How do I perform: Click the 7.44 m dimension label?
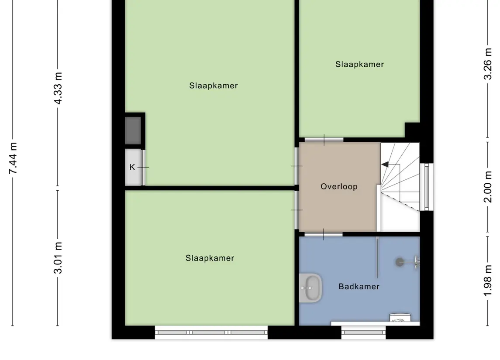(x=13, y=158)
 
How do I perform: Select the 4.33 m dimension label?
(x=58, y=88)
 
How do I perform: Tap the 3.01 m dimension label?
(x=58, y=258)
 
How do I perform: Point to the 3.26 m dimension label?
(x=488, y=64)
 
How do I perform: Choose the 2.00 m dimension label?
(x=488, y=187)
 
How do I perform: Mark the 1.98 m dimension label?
(x=488, y=281)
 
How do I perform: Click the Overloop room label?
(x=339, y=186)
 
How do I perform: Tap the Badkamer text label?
(x=359, y=286)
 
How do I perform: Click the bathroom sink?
(x=310, y=288)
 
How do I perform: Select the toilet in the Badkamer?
(x=400, y=318)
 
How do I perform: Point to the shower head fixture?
(x=400, y=262)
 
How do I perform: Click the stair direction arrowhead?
(x=385, y=165)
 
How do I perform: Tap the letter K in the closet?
(x=132, y=167)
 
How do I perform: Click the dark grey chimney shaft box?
(x=133, y=130)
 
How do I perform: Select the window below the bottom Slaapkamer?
(x=211, y=332)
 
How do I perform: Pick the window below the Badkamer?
(x=363, y=332)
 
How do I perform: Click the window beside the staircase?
(x=426, y=187)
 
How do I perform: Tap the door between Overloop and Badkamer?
(x=323, y=234)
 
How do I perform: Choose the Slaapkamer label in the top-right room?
(x=359, y=64)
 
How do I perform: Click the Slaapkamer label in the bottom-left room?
(x=210, y=258)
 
